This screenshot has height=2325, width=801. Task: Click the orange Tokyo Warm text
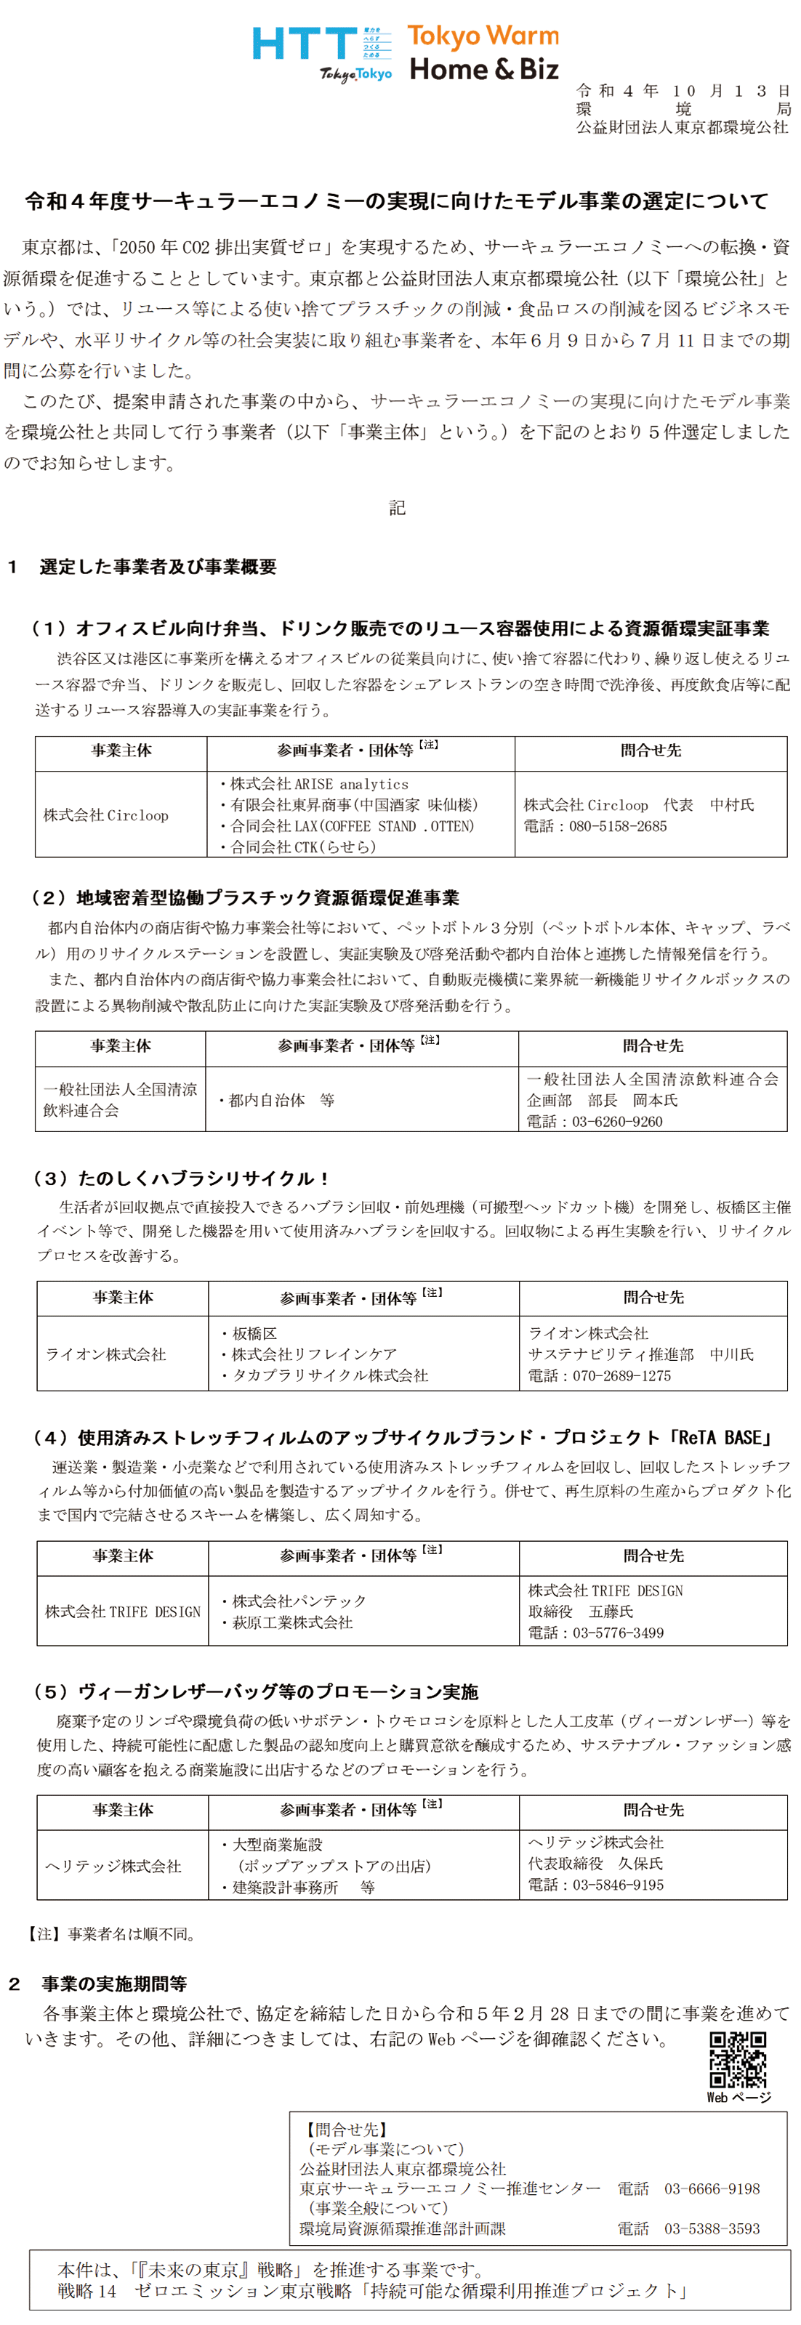point(483,36)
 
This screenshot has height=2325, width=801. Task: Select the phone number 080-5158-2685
point(618,826)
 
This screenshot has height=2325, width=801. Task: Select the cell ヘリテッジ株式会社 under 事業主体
point(114,1866)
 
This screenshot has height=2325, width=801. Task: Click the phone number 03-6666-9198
point(712,2188)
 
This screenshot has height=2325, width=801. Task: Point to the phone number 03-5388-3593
point(712,2228)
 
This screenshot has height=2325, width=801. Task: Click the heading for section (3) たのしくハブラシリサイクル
point(182,1178)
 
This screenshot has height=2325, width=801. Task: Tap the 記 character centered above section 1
point(398,508)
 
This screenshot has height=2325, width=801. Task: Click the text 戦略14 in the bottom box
point(86,2291)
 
